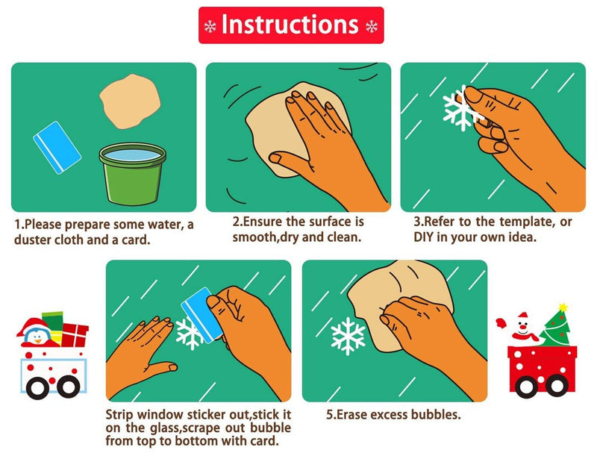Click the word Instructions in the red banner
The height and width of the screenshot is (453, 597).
pyautogui.click(x=290, y=25)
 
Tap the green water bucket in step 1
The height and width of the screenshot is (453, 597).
pyautogui.click(x=133, y=173)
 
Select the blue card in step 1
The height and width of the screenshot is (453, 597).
pyautogui.click(x=57, y=147)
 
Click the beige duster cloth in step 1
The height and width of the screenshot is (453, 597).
pyautogui.click(x=129, y=101)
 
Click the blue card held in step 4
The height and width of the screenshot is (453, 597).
pyautogui.click(x=201, y=314)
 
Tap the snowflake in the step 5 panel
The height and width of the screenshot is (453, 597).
pyautogui.click(x=348, y=336)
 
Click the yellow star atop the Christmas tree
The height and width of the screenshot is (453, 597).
pyautogui.click(x=563, y=307)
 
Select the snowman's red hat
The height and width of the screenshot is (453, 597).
pyautogui.click(x=523, y=316)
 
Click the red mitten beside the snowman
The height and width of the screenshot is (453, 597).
pyautogui.click(x=501, y=323)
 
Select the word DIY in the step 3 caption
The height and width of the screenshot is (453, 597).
pyautogui.click(x=423, y=237)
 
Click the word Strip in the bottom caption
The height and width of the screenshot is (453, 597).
pyautogui.click(x=119, y=414)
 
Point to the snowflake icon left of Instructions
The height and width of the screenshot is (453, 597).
pyautogui.click(x=210, y=26)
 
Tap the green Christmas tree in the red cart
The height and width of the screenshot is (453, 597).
pyautogui.click(x=556, y=328)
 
